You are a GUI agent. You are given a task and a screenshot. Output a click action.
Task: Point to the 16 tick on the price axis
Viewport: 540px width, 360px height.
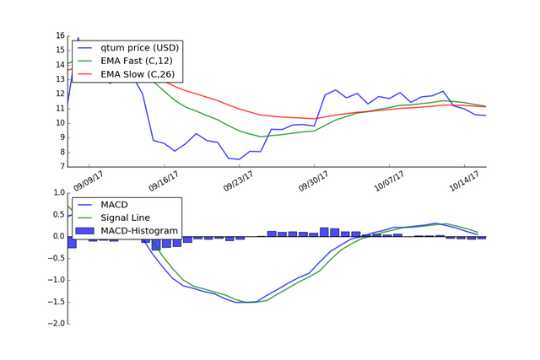60,35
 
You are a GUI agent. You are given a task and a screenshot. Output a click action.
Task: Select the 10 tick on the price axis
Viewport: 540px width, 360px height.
60,123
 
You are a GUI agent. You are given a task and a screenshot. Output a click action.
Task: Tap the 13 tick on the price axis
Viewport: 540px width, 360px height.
60,79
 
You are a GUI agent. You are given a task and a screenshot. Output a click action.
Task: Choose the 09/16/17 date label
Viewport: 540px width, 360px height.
166,180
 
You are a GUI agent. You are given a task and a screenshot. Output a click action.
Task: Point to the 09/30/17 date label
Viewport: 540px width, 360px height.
316,180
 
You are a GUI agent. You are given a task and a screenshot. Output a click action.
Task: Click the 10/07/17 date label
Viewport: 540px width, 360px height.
390,180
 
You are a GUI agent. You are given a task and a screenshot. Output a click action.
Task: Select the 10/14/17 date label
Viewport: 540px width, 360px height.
465,180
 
